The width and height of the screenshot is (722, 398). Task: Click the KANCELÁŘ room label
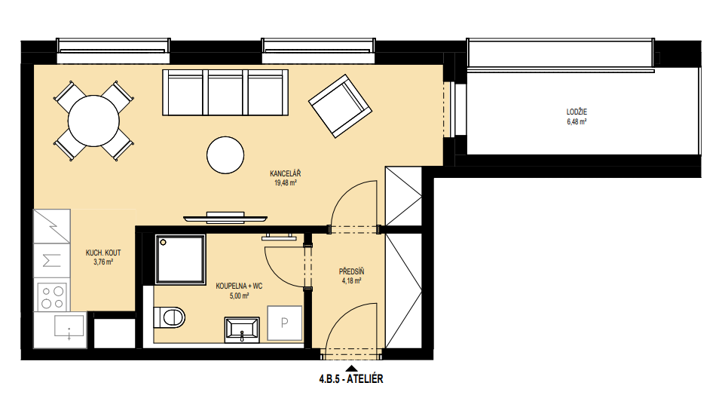[x=286, y=173]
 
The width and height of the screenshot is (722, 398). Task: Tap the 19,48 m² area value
[x=286, y=183]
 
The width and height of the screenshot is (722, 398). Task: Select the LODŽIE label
[x=577, y=112]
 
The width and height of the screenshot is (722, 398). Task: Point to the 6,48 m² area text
[x=577, y=121]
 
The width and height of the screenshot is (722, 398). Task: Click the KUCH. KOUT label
[x=103, y=253]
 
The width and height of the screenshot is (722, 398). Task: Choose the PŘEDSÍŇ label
[x=351, y=272]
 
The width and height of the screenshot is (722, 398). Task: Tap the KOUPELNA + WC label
[x=239, y=286]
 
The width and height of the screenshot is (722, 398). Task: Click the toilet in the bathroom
[x=169, y=317]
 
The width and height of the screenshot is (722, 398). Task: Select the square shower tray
[x=180, y=259]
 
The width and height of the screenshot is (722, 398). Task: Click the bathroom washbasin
[x=242, y=330]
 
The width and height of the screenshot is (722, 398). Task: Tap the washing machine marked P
[x=285, y=323]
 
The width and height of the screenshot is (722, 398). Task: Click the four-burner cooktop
[x=53, y=297]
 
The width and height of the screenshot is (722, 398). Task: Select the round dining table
[x=93, y=121]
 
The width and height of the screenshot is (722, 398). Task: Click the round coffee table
[x=225, y=155]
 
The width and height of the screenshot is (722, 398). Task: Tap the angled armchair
[x=341, y=107]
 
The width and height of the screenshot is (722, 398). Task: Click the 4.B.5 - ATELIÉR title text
[x=351, y=379]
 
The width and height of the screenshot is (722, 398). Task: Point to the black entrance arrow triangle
[x=352, y=368]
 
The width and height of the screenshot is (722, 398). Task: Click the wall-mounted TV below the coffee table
[x=225, y=217]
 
